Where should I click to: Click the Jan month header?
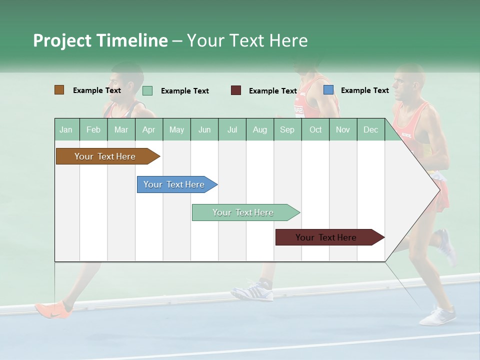[66, 130]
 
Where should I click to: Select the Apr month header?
[149, 130]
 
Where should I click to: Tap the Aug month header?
[260, 130]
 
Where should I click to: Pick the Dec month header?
[371, 130]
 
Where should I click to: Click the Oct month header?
[315, 130]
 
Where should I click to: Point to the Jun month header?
[204, 130]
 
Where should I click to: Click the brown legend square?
[59, 90]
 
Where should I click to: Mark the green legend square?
[147, 90]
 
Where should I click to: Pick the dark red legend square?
[236, 90]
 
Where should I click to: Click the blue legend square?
[328, 90]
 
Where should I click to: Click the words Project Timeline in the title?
[100, 40]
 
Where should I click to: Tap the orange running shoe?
[53, 309]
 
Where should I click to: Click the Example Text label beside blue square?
[365, 90]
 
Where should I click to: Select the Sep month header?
[287, 130]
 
